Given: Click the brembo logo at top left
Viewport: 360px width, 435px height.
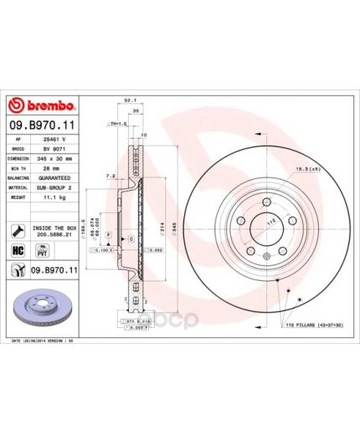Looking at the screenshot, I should coord(42,105).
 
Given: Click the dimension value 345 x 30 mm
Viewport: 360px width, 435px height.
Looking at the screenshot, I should coord(58,157).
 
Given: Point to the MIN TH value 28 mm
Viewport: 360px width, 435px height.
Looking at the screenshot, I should coord(52,167).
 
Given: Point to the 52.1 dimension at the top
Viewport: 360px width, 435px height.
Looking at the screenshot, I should coord(130,100).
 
